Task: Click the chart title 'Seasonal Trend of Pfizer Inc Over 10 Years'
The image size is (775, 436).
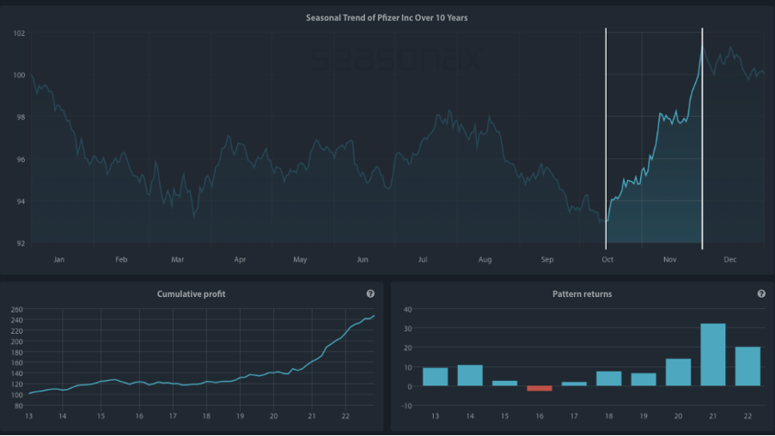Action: (x=387, y=18)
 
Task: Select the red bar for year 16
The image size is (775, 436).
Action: (x=540, y=389)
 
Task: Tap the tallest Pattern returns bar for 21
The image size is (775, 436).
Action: (x=713, y=354)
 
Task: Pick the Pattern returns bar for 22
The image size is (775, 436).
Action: (x=748, y=366)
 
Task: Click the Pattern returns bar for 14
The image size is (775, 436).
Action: (x=470, y=375)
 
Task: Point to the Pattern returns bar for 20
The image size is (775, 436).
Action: (x=678, y=372)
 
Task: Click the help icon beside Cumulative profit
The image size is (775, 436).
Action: (x=370, y=294)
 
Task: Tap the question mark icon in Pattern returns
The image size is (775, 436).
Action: (x=761, y=294)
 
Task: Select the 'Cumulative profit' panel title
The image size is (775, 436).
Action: (x=192, y=294)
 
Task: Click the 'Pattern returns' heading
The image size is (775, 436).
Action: (x=582, y=294)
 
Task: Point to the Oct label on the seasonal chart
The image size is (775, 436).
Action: (x=607, y=259)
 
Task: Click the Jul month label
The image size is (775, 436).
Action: (x=423, y=259)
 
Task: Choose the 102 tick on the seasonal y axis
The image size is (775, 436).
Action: (x=19, y=33)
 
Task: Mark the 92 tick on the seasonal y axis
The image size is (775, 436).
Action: (x=21, y=243)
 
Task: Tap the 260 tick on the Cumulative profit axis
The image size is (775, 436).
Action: (x=17, y=310)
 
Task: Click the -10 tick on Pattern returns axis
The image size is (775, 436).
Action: (x=407, y=406)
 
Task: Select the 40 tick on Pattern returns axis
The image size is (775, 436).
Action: (x=408, y=310)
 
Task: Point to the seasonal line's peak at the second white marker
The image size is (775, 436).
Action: (x=702, y=46)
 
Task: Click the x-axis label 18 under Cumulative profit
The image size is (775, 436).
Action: (x=206, y=416)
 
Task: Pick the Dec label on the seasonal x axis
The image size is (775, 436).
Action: (x=730, y=259)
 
